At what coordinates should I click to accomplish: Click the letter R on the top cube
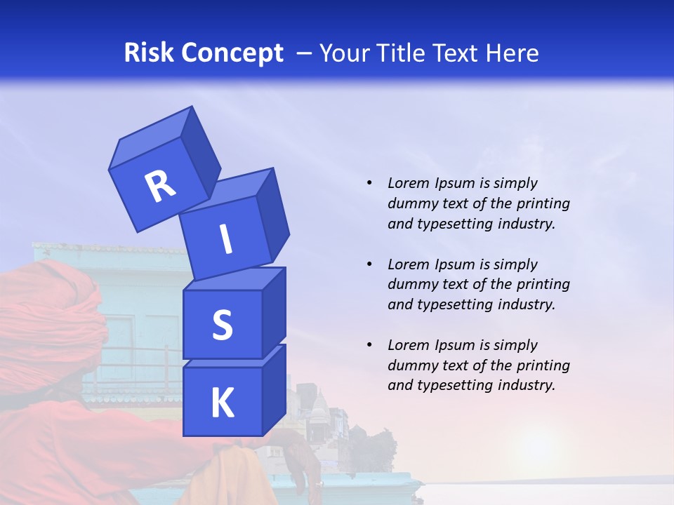(x=160, y=186)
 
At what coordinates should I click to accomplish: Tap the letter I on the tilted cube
(x=225, y=240)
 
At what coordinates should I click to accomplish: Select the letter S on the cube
(x=222, y=325)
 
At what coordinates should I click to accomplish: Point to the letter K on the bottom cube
(x=222, y=403)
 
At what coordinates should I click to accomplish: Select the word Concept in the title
(x=231, y=53)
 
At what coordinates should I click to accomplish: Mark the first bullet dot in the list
(x=369, y=183)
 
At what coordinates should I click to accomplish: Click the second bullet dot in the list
(x=369, y=264)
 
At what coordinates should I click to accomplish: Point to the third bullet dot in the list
(x=369, y=345)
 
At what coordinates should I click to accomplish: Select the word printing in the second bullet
(x=543, y=285)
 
